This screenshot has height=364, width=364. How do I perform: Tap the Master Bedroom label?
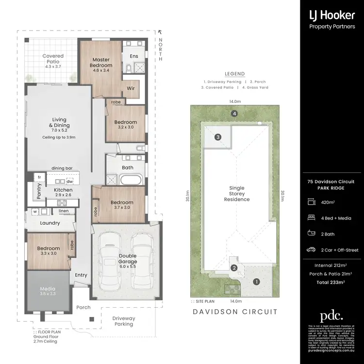[101, 63]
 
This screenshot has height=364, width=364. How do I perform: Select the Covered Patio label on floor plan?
[53, 59]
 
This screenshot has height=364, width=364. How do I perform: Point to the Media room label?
[48, 291]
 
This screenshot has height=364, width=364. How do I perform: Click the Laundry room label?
[50, 223]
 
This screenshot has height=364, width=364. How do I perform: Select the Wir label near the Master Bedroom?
[131, 88]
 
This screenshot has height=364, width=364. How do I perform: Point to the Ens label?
[134, 56]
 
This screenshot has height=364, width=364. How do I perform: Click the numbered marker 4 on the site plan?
[234, 114]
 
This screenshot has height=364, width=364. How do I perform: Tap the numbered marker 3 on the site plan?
[218, 137]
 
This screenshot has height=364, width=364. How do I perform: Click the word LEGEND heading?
[234, 74]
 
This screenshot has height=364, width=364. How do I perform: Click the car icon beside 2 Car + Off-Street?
[311, 250]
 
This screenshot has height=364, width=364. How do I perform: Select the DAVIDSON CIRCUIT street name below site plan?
[234, 312]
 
